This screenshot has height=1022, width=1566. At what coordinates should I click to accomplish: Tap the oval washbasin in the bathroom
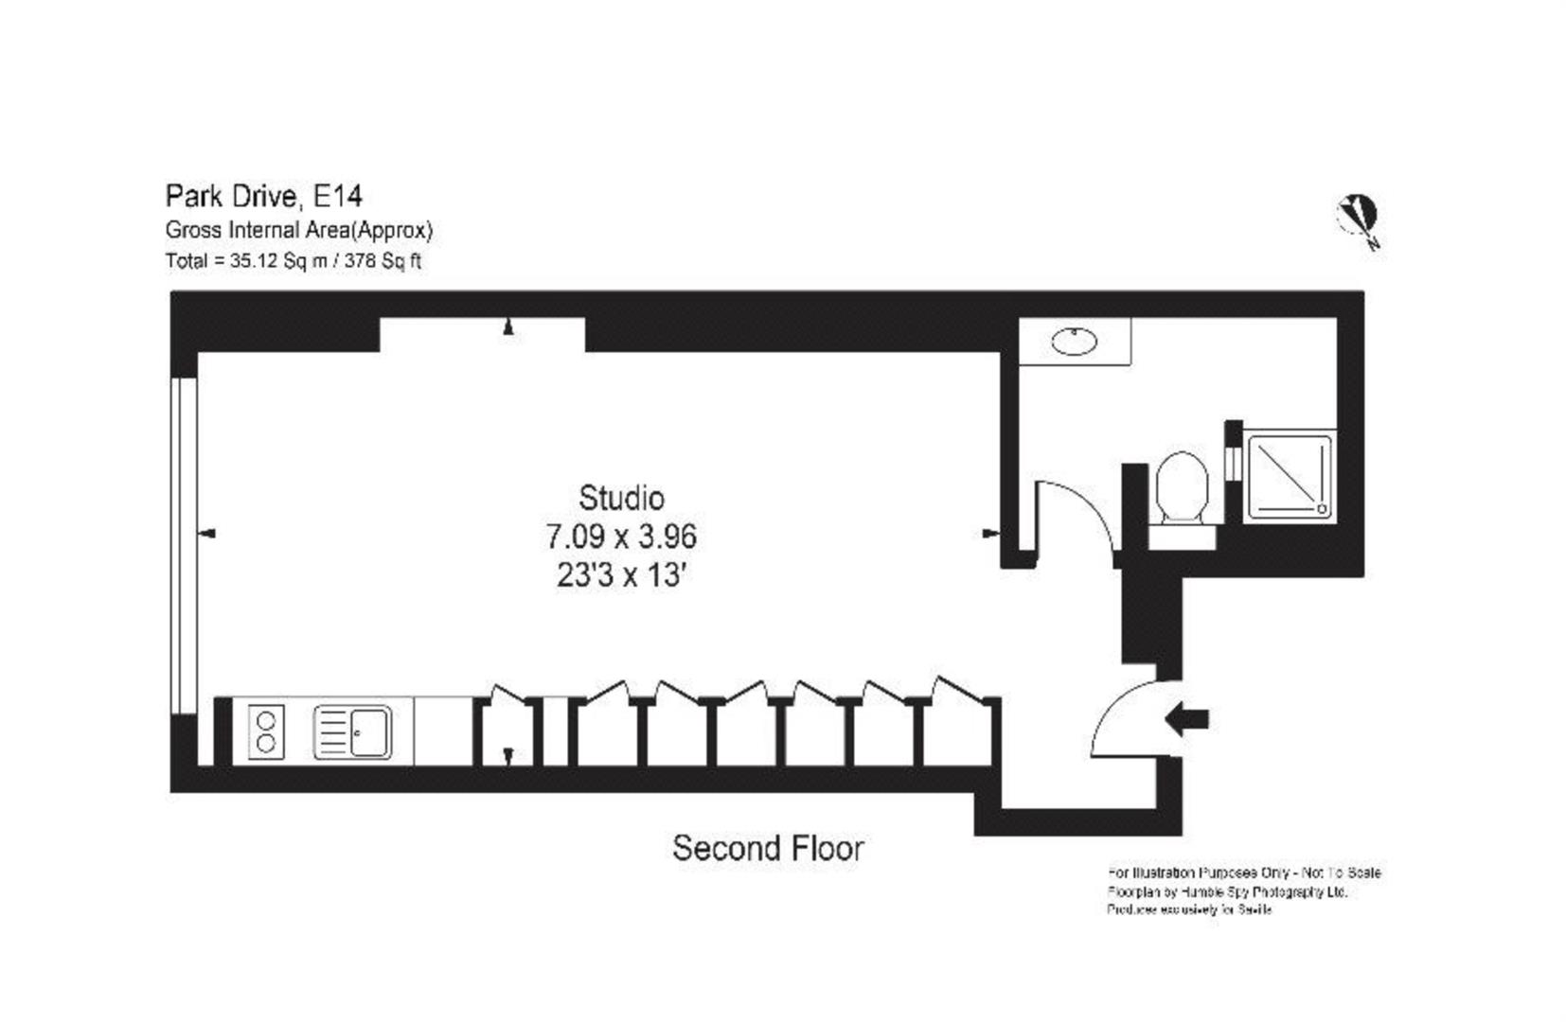pos(1074,341)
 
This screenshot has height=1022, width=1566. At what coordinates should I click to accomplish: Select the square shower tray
pos(1289,476)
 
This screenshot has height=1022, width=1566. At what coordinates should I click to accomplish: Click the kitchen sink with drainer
pos(352,731)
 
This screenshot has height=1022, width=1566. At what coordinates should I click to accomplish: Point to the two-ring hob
pos(266,731)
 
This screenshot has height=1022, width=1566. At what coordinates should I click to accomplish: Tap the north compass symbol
pos(1358,219)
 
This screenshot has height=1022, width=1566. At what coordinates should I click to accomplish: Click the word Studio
pos(621,498)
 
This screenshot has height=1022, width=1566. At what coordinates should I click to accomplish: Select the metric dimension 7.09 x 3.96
pos(621,537)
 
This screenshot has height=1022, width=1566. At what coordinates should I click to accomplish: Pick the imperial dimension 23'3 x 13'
pos(621,575)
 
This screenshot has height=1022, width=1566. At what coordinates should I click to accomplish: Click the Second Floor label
pos(767,848)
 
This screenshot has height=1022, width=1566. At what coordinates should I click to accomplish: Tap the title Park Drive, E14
pos(263,196)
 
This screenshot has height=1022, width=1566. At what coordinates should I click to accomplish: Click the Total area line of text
pos(293,261)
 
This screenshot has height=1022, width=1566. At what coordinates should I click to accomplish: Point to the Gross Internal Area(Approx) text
pos(298,230)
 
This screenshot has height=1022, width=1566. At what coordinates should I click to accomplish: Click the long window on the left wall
pos(185,544)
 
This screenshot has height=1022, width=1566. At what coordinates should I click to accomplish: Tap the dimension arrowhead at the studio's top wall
pos(508,327)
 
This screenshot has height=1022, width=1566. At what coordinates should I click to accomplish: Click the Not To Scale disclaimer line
pos(1243,872)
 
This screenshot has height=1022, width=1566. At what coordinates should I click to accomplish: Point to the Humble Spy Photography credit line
pos(1227,891)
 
